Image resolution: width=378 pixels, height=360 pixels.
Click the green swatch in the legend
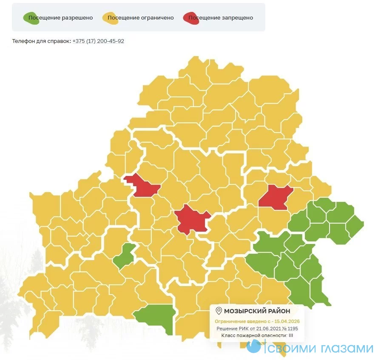pos(31,18)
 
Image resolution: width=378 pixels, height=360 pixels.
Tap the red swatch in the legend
pos(191,18)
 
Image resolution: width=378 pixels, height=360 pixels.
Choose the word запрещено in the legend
pos(236,18)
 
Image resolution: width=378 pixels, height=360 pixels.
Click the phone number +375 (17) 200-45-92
pos(98,41)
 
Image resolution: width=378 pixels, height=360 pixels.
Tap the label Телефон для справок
pos(41,41)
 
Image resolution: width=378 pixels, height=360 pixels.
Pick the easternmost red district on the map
pos(276,196)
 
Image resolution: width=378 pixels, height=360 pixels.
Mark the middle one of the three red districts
pos(192,219)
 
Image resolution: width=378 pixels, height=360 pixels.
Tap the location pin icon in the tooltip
pos(219,311)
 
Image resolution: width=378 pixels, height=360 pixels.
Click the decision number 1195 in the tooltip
pos(292,329)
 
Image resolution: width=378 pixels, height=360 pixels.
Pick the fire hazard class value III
pos(291,336)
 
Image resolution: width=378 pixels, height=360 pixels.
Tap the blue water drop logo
pos(254,347)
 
